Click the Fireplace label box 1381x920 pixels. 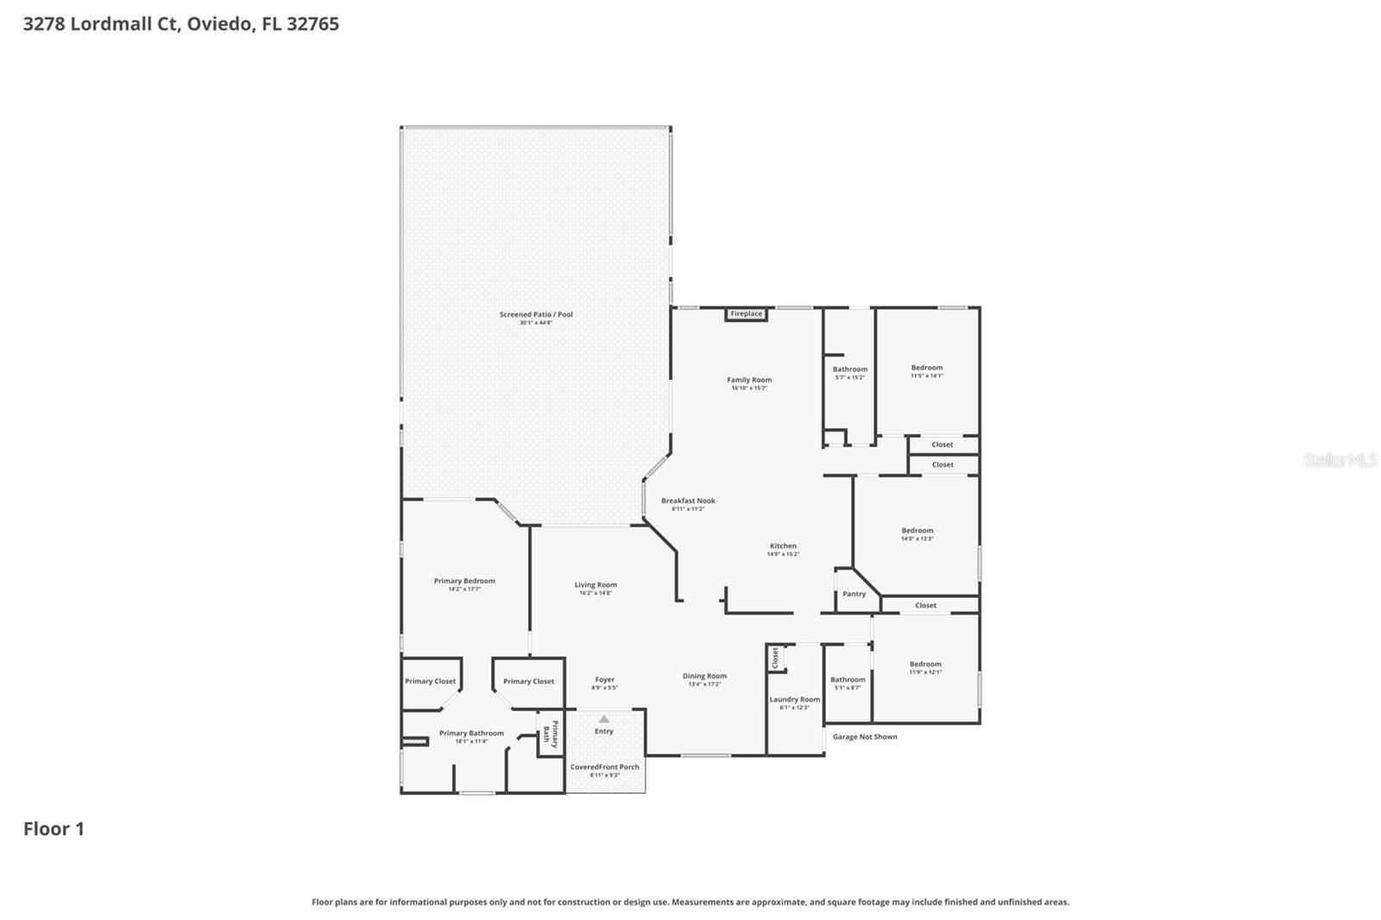pos(747,314)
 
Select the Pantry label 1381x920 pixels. pos(854,594)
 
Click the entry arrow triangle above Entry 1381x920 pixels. pos(604,719)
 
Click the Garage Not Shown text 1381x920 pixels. pos(865,737)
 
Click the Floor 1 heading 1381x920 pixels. pos(54,829)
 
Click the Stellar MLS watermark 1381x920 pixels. pos(1340,460)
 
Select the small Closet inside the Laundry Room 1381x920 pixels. pos(775,658)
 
